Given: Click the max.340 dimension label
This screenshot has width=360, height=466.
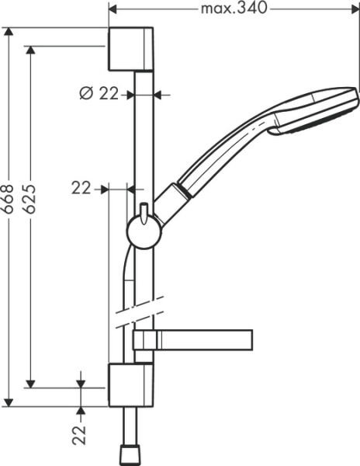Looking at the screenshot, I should pos(233,9).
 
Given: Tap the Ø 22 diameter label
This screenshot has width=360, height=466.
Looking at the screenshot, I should pos(99,94).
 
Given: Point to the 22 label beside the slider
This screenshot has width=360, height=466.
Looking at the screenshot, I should pos(81,188).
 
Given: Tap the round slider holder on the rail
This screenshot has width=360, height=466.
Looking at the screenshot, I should pos(144,231).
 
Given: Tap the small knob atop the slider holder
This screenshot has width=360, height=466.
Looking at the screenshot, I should pos(144,210).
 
